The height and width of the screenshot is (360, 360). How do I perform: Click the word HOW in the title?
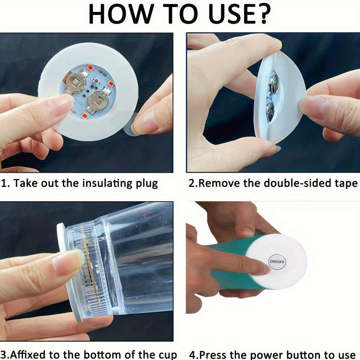(x=121, y=14)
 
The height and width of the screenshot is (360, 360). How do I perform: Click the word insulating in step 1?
(x=107, y=184)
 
